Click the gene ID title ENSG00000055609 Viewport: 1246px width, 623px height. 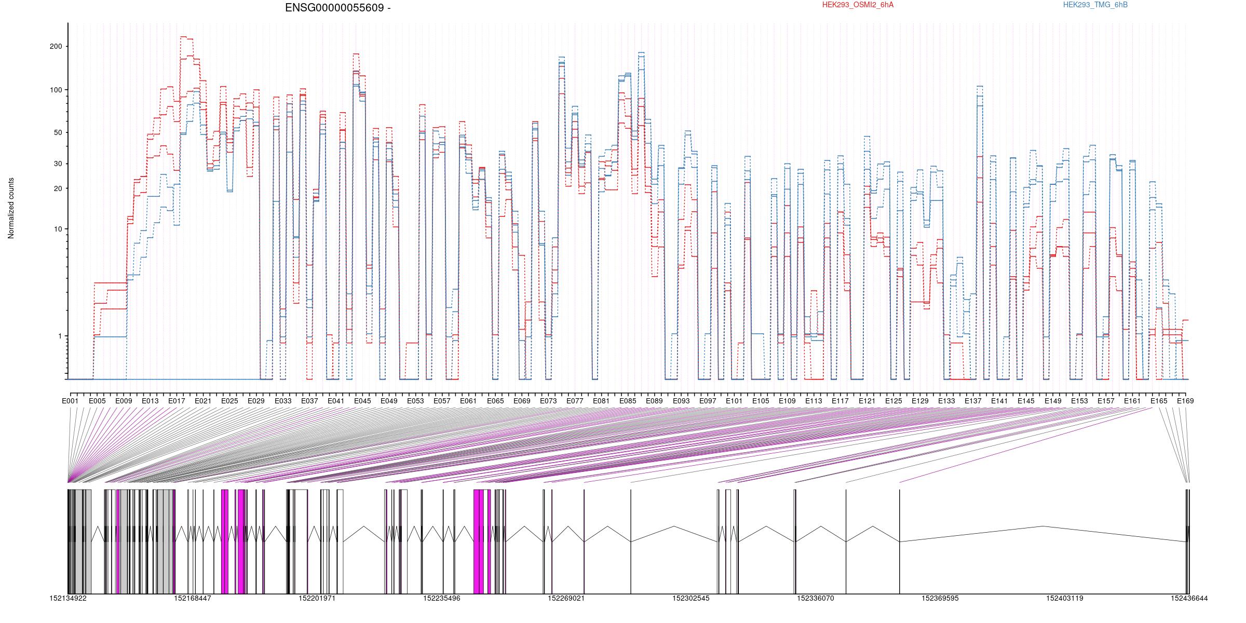point(334,8)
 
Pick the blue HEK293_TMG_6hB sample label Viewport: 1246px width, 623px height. point(1095,5)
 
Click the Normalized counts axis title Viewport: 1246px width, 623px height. point(11,208)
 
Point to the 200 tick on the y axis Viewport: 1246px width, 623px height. point(55,46)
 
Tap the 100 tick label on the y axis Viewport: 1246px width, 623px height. point(55,90)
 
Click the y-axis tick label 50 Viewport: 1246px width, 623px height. point(57,132)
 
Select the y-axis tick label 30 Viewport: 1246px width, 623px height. point(57,164)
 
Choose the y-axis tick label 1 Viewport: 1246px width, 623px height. point(60,336)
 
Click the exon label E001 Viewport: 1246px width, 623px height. point(70,401)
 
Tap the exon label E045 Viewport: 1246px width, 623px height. point(362,401)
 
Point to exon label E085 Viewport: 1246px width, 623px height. point(628,401)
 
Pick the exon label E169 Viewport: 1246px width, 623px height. point(1185,401)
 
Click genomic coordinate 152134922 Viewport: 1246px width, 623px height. point(68,598)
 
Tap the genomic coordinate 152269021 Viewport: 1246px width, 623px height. point(566,598)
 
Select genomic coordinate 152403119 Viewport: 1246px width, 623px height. point(1065,598)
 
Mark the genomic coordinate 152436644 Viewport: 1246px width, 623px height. point(1189,598)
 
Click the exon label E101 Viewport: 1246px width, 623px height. point(734,401)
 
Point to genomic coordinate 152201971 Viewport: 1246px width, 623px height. point(317,598)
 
